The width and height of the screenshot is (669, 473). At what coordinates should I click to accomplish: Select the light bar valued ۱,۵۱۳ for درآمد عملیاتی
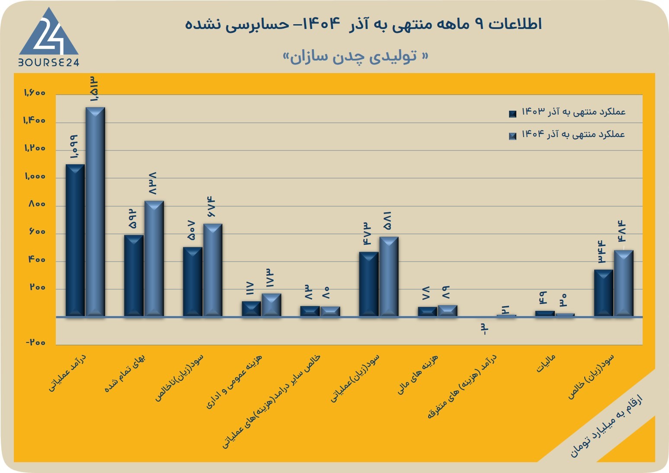pyautogui.click(x=95, y=212)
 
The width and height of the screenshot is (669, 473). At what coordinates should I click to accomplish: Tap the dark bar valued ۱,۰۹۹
pyautogui.click(x=75, y=240)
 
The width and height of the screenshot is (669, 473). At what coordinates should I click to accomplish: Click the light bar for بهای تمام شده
pyautogui.click(x=154, y=258)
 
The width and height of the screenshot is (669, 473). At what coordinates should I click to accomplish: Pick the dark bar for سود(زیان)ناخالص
pyautogui.click(x=192, y=281)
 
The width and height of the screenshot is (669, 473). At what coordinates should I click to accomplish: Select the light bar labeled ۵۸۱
pyautogui.click(x=389, y=277)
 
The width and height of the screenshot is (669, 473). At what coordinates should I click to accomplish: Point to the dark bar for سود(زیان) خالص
pyautogui.click(x=604, y=293)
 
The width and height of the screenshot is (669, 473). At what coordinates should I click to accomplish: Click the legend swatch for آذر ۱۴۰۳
pyautogui.click(x=512, y=114)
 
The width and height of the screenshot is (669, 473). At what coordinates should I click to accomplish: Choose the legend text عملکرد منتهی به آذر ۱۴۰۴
pyautogui.click(x=573, y=134)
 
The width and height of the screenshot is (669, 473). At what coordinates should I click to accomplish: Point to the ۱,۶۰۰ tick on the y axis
pyautogui.click(x=35, y=93)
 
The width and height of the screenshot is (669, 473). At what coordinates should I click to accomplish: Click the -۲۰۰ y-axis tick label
pyautogui.click(x=35, y=342)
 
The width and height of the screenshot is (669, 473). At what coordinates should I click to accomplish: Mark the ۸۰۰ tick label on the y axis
pyautogui.click(x=37, y=204)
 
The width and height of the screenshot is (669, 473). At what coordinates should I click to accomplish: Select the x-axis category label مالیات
pyautogui.click(x=546, y=363)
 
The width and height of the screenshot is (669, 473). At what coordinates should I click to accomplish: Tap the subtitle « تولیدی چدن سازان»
pyautogui.click(x=355, y=57)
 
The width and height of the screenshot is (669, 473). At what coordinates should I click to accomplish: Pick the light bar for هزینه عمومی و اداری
pyautogui.click(x=271, y=305)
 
